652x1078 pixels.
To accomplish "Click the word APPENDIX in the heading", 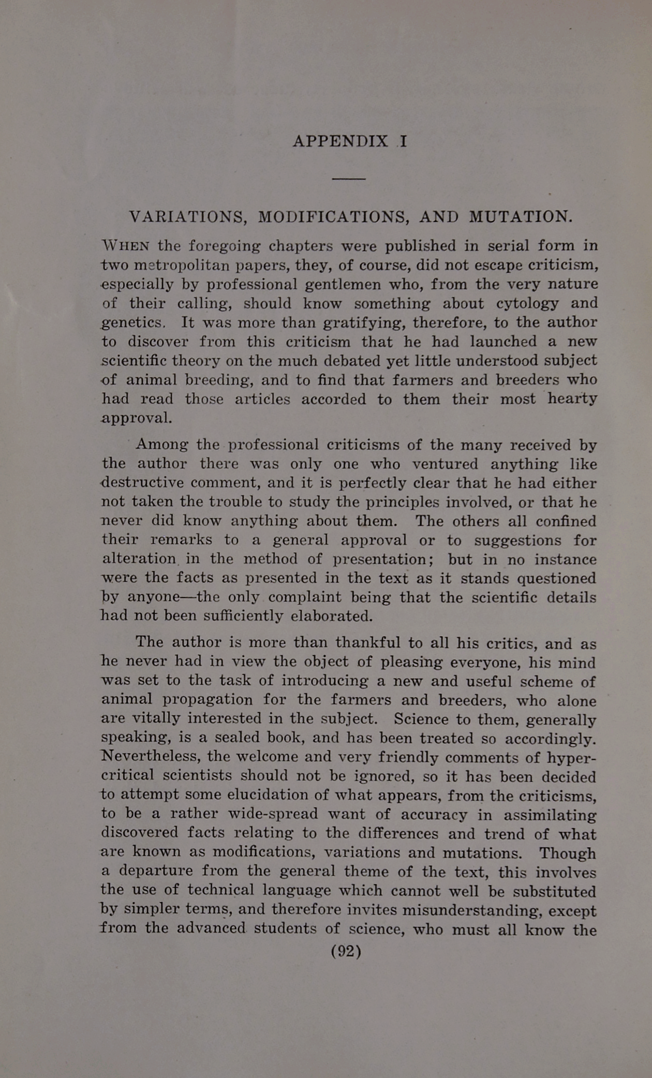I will pos(340,141).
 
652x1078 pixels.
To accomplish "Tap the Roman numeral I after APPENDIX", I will pos(403,141).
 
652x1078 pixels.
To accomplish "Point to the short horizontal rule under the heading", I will pos(349,179).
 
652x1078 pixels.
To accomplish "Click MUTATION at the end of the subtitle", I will pos(520,216).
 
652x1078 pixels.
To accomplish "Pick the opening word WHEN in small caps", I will pos(126,245).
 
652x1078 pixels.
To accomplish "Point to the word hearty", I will pos(572,398).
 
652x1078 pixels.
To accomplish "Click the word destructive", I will pos(142,483).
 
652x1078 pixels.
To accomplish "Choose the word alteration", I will pos(139,559).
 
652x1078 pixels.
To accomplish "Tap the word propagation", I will pos(209,700).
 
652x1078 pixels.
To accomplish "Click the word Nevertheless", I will pos(151,757).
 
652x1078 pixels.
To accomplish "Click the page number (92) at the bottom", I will pos(346,951).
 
